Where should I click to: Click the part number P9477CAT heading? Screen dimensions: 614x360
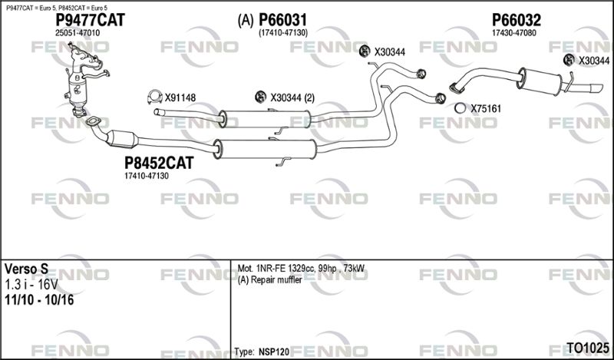tap(90, 20)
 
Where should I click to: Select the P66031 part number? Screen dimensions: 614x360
tap(283, 20)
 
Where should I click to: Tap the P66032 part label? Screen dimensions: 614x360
tap(516, 20)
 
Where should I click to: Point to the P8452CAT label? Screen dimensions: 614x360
tap(159, 163)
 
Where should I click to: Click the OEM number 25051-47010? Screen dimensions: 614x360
tap(78, 33)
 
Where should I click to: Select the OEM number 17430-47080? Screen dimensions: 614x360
tap(513, 33)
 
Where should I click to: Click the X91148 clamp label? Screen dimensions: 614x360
tap(180, 97)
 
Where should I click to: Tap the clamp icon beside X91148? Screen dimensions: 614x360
tap(155, 97)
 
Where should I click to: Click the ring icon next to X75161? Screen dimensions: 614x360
tap(460, 107)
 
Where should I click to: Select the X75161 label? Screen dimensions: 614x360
tap(486, 108)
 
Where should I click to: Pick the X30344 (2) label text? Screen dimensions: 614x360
tap(292, 97)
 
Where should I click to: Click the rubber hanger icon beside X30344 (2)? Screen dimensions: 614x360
tap(260, 97)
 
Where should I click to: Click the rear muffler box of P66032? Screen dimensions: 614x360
tap(540, 81)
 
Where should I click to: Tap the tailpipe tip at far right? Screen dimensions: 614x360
tap(597, 88)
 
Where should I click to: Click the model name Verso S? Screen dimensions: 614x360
tap(26, 269)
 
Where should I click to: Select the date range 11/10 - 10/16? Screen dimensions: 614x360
tap(39, 299)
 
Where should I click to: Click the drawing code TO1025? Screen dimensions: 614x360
tap(588, 348)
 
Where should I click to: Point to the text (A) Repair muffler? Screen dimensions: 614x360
tap(270, 280)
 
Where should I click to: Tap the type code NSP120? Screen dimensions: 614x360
tap(274, 352)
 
